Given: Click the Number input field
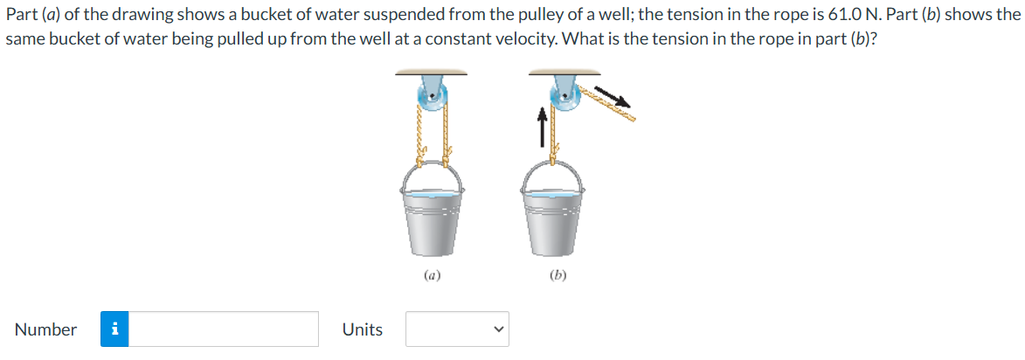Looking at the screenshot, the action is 223,329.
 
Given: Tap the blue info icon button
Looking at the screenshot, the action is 114,329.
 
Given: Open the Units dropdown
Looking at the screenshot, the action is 457,329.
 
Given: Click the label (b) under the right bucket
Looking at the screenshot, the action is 558,276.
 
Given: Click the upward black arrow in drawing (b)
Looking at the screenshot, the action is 541,127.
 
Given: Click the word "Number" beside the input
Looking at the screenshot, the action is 45,330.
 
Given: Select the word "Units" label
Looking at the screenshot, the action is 363,330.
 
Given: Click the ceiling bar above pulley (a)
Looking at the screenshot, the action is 431,73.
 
